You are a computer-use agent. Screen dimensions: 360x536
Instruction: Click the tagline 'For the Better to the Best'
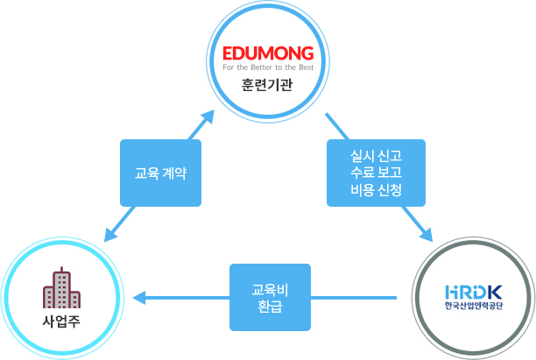tap(267, 66)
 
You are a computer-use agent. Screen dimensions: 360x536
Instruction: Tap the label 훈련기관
tap(267, 85)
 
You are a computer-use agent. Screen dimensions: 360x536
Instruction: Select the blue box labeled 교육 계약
tap(160, 173)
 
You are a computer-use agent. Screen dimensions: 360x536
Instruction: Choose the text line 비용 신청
tap(375, 189)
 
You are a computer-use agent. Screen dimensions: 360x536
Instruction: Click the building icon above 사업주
tap(61, 288)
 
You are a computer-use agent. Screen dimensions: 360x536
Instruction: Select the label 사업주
tap(61, 320)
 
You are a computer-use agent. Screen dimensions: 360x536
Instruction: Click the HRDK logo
tap(474, 290)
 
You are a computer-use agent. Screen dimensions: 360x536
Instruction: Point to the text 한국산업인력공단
tap(474, 307)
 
